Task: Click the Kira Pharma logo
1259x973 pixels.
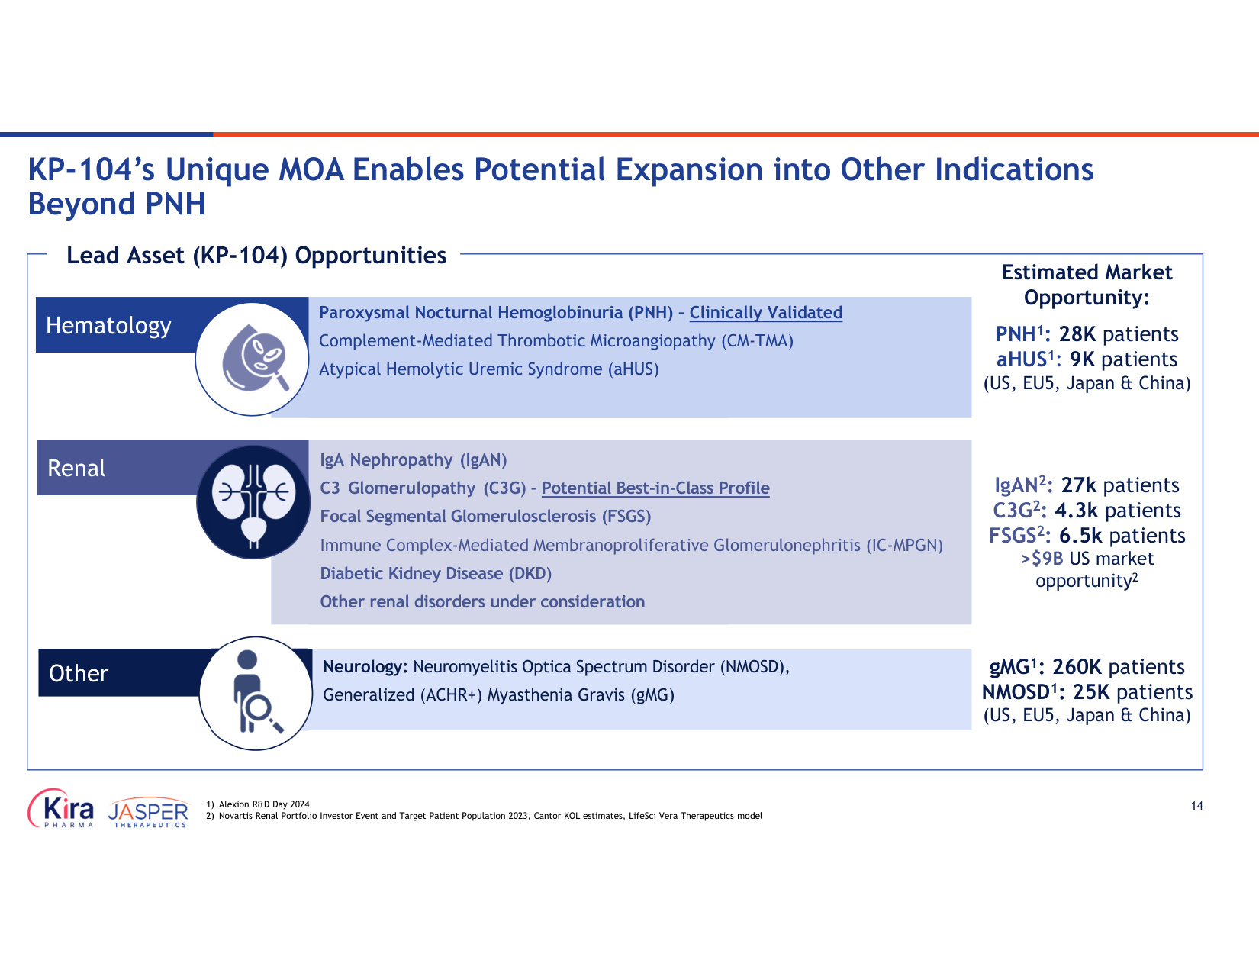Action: click(61, 808)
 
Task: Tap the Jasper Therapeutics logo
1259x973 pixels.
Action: click(148, 812)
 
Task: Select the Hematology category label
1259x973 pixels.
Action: click(108, 325)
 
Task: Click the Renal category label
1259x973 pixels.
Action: click(76, 468)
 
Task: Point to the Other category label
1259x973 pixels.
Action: click(79, 673)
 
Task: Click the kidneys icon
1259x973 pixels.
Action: click(253, 502)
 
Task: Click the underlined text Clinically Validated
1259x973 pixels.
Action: click(765, 312)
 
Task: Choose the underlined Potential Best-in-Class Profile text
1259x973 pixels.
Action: click(655, 488)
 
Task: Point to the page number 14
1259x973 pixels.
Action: click(1196, 806)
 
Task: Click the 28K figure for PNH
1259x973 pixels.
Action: click(1077, 333)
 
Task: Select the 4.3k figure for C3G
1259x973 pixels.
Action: click(1076, 510)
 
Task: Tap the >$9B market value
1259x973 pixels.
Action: click(1042, 558)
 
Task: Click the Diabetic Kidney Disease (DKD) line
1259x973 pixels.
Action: click(436, 573)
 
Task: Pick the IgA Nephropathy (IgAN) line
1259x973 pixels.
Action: click(413, 459)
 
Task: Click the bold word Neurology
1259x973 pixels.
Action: click(365, 666)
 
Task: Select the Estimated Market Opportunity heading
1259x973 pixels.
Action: click(1087, 285)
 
